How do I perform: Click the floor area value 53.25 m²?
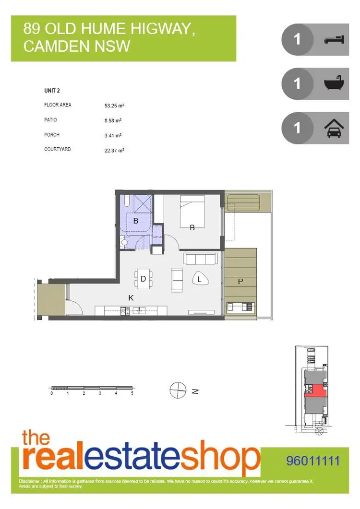click(114, 106)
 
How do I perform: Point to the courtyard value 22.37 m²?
click(114, 150)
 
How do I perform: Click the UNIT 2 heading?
click(52, 91)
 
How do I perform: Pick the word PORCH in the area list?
click(52, 135)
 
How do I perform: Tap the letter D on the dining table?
click(143, 279)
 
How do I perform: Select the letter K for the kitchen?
click(131, 298)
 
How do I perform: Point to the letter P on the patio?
click(240, 282)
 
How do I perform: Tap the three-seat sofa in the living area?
click(201, 260)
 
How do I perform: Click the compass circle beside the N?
click(178, 390)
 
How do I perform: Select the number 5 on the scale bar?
click(132, 393)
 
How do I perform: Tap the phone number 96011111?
click(312, 462)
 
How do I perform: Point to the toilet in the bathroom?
click(124, 243)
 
